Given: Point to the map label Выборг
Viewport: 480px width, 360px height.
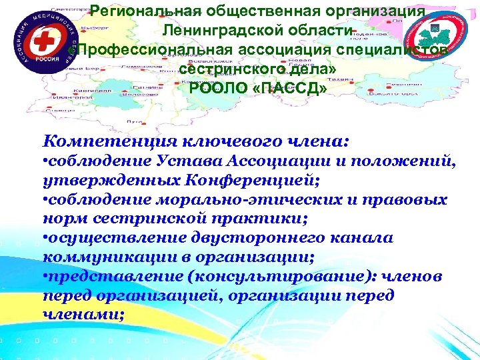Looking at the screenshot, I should tap(91, 29).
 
